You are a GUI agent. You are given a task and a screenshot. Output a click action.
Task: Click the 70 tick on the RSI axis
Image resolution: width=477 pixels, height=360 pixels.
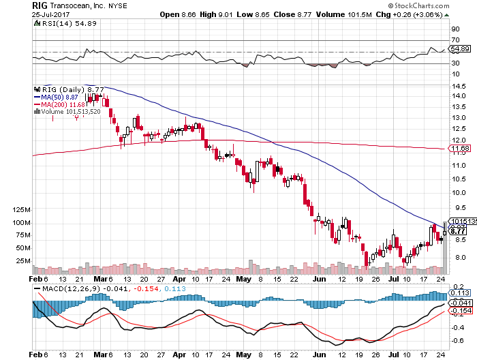pyautogui.click(x=454, y=41)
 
